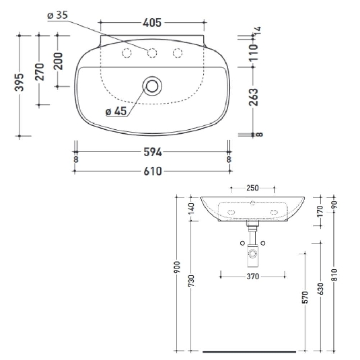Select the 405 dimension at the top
151,23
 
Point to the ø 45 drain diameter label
116,112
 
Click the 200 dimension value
58,61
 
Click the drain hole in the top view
152,85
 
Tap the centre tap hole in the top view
152,54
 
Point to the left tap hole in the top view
126,54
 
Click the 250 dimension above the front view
253,188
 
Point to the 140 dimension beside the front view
192,209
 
